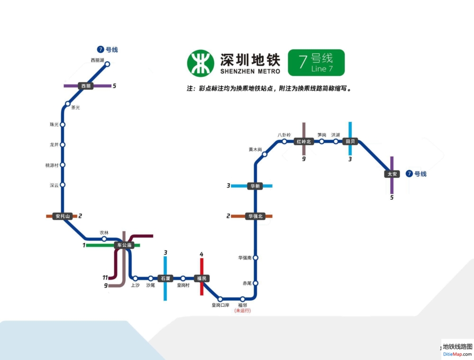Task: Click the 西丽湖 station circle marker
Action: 108,64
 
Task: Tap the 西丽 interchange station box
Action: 86,86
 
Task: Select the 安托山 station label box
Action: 62,216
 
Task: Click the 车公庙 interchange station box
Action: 124,245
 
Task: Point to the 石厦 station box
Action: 165,278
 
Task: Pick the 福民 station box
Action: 202,278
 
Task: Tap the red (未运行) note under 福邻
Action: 242,311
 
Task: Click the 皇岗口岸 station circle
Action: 220,299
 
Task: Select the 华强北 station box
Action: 255,216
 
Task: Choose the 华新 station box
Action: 255,186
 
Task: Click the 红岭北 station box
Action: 303,141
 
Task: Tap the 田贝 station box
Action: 350,141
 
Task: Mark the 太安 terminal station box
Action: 392,174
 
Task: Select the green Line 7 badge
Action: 316,63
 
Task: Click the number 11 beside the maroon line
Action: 105,277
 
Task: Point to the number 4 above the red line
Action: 201,255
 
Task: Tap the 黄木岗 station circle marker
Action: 264,154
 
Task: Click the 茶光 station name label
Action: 75,108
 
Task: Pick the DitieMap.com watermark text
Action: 457,354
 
